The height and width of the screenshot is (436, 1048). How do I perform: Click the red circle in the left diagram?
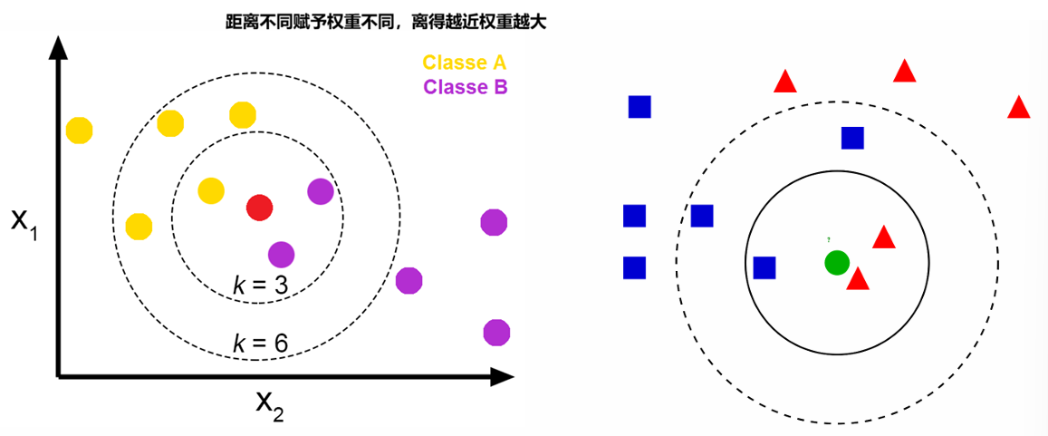click(260, 207)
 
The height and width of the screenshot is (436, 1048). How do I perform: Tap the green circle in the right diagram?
click(836, 263)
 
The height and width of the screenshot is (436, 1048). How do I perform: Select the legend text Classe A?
click(464, 63)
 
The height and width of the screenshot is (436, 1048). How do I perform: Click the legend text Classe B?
click(465, 87)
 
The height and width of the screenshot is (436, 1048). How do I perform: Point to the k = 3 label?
click(260, 286)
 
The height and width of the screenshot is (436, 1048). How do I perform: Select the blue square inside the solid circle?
click(764, 267)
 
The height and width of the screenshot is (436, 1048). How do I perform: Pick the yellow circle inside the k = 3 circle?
click(211, 190)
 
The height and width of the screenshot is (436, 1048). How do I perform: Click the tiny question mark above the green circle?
click(828, 239)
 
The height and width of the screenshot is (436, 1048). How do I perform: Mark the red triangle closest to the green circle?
click(858, 279)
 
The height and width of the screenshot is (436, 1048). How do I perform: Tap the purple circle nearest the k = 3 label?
click(281, 255)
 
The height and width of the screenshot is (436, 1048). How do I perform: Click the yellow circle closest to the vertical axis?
click(80, 131)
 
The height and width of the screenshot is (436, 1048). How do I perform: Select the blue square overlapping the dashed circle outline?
click(702, 216)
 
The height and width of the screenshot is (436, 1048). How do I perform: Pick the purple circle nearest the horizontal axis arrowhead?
click(495, 333)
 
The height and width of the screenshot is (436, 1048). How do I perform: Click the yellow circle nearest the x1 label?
click(139, 226)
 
